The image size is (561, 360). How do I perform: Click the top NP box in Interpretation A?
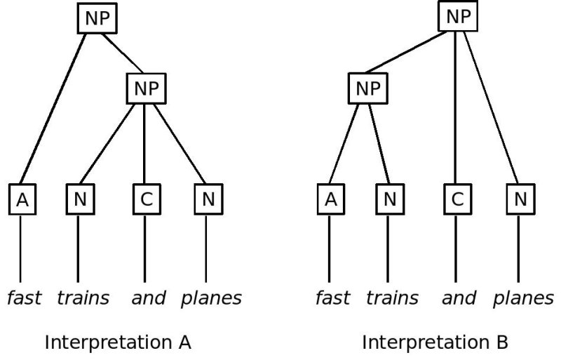pyautogui.click(x=97, y=19)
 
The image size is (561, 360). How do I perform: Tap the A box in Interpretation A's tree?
pyautogui.click(x=22, y=200)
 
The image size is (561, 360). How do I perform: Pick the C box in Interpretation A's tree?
pyautogui.click(x=146, y=200)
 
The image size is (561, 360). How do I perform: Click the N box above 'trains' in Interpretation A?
pyautogui.click(x=81, y=200)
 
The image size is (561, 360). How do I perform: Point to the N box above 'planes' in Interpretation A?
pyautogui.click(x=208, y=200)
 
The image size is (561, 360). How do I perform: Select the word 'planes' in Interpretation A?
pyautogui.click(x=211, y=298)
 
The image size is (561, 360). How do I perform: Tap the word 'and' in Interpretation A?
pyautogui.click(x=149, y=298)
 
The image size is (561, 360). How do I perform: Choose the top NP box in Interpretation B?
pyautogui.click(x=458, y=17)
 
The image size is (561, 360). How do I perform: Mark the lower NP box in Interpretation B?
pyautogui.click(x=367, y=88)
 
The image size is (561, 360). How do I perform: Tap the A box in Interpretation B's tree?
pyautogui.click(x=330, y=200)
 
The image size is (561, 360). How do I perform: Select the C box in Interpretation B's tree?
pyautogui.click(x=457, y=200)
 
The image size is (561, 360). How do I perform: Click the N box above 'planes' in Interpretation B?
pyautogui.click(x=520, y=200)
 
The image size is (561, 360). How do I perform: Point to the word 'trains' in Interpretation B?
pyautogui.click(x=392, y=298)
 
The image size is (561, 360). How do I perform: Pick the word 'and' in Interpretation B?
pyautogui.click(x=459, y=298)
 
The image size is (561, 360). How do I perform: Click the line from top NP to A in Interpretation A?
pyautogui.click(x=55, y=109)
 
